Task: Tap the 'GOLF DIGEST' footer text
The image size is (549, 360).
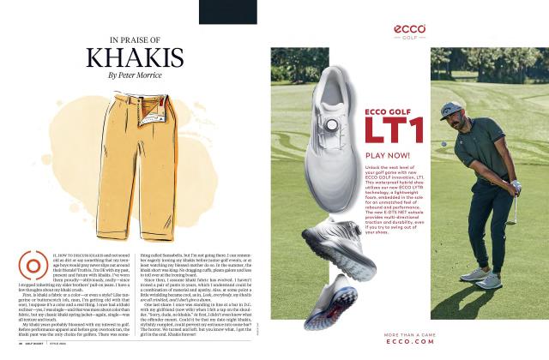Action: pos(49,344)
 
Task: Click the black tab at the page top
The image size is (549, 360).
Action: pos(227,11)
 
